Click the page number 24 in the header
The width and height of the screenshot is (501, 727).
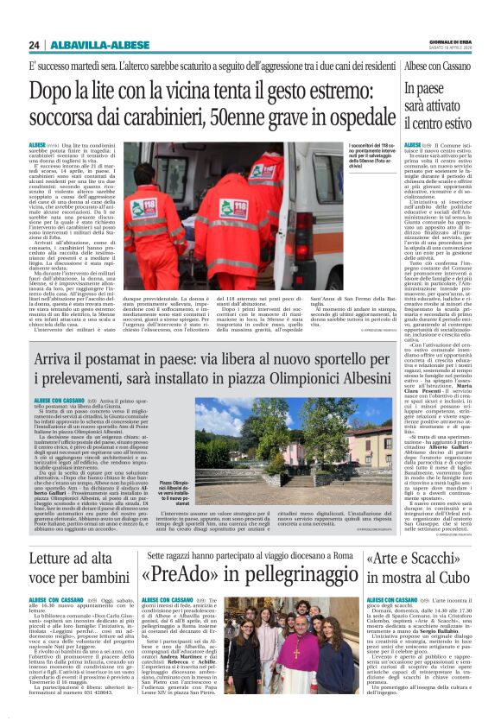35,45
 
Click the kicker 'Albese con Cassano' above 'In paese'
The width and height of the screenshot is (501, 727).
436,66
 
